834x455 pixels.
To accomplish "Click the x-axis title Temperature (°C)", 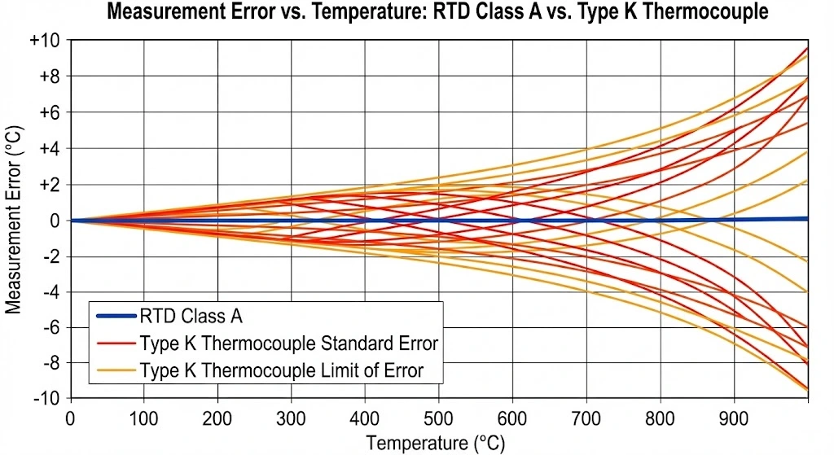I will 435,443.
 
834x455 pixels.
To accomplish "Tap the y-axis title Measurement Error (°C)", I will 14,219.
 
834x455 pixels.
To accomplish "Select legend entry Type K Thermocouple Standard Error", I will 288,343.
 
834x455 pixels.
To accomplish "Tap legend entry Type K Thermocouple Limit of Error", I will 282,370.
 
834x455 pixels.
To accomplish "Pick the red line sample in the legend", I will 115,343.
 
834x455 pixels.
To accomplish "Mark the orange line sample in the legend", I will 115,370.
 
